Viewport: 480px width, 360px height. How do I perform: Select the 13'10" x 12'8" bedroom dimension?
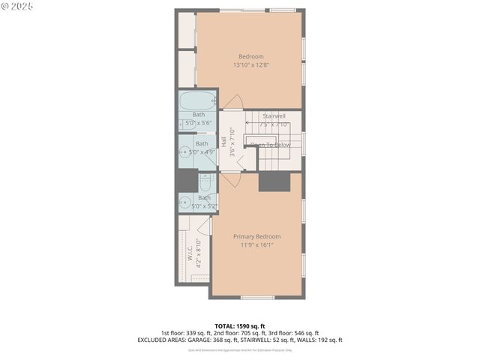coord(250,64)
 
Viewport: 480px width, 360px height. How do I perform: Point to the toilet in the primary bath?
coord(206,181)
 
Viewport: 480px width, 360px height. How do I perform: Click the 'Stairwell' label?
coord(274,116)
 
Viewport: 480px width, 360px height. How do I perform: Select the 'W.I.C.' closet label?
coord(190,253)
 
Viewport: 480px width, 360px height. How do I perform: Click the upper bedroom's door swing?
coord(233,103)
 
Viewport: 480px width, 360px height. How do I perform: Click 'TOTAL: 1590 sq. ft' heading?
coord(240,326)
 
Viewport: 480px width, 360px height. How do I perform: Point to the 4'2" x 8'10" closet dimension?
coord(199,253)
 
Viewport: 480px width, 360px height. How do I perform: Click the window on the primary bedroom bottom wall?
coord(257,298)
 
